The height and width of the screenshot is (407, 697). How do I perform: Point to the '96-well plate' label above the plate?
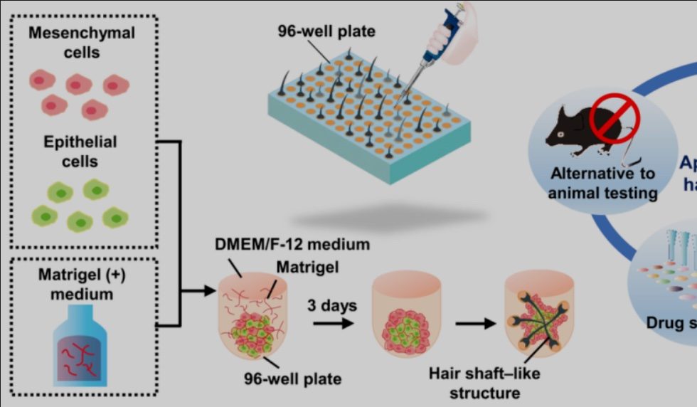(x=326, y=31)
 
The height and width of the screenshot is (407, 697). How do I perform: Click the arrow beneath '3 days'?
(x=333, y=322)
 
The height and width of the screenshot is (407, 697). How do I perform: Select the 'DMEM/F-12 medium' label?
(x=292, y=245)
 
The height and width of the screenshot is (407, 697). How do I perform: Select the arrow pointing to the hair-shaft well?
(x=475, y=322)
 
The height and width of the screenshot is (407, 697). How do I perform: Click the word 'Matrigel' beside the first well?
(x=308, y=266)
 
